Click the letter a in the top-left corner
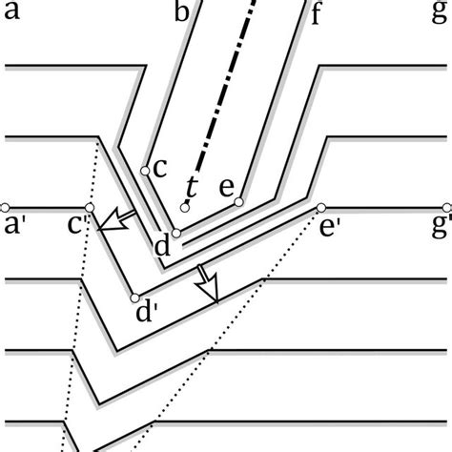coord(12,13)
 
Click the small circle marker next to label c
coord(144,171)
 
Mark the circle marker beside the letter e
coord(238,202)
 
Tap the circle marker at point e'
coord(321,207)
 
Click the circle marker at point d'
coord(134,298)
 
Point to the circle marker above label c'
coord(89,207)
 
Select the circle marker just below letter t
coord(185,207)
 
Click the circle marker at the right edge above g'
coord(445,207)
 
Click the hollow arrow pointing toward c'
coord(116,221)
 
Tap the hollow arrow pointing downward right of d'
coord(209,287)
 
